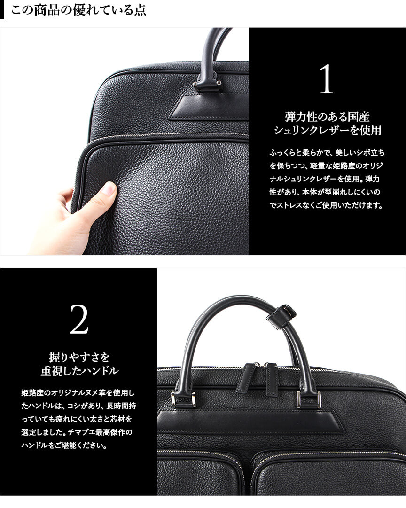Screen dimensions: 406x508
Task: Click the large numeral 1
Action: (x=326, y=79)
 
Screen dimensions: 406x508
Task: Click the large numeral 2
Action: (x=79, y=320)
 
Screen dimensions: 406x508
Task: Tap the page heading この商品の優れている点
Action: (x=78, y=10)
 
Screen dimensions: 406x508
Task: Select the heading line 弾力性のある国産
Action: (x=327, y=117)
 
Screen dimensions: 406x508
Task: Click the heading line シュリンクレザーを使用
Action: (x=327, y=130)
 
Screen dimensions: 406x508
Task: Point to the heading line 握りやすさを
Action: (x=79, y=357)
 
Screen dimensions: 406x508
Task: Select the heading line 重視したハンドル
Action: (x=79, y=371)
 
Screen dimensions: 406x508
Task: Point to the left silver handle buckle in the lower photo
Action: (x=183, y=399)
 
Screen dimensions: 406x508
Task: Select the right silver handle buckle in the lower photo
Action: (x=309, y=399)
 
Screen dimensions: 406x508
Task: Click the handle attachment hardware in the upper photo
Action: (x=207, y=85)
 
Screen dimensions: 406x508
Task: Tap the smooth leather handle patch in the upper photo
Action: (x=209, y=108)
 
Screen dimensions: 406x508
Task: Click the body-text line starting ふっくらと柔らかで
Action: (x=327, y=153)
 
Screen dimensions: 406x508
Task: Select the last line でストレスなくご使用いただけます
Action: (x=326, y=205)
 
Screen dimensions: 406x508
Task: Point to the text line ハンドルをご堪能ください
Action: (x=64, y=445)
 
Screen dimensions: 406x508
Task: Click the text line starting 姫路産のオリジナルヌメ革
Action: (x=78, y=393)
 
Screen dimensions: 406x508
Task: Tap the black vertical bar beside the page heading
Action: (x=2, y=10)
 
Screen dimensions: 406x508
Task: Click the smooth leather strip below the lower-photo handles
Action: (x=250, y=422)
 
